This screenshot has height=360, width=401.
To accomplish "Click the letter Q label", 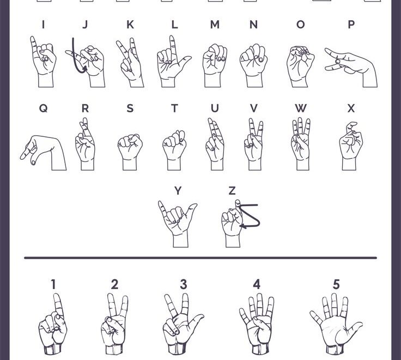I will (43, 109).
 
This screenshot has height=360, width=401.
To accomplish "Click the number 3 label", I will (184, 284).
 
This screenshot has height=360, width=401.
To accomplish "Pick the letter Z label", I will (232, 190).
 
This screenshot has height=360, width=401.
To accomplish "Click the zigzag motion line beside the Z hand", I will (251, 217).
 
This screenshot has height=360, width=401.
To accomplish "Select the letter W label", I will (300, 109).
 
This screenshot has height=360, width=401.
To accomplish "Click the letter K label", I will (130, 25).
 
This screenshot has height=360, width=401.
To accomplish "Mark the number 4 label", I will (257, 284).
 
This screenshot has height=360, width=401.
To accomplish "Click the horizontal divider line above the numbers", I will (200, 257).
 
